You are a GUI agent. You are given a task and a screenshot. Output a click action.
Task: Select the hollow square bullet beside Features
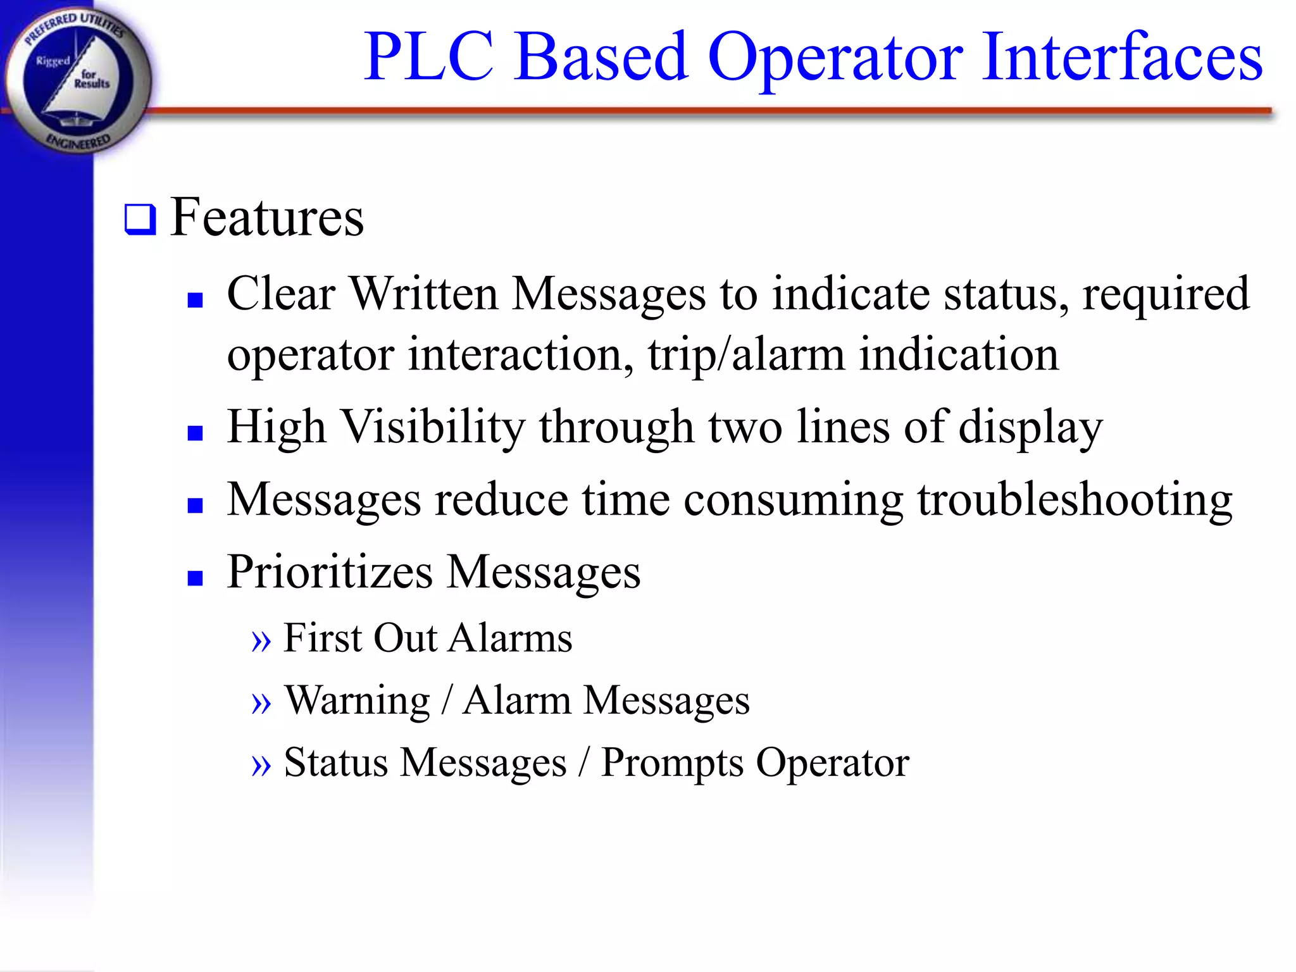point(140,220)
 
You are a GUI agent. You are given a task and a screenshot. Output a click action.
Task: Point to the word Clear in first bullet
point(281,294)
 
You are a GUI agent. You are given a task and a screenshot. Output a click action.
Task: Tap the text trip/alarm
point(746,355)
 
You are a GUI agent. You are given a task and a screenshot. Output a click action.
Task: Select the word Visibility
point(433,427)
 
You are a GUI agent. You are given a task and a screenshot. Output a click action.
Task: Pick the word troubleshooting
point(1075,501)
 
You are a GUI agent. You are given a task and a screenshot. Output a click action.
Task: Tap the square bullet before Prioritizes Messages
point(195,578)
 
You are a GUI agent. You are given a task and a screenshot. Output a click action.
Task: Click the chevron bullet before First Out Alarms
point(261,641)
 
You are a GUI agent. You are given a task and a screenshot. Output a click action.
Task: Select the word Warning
point(358,701)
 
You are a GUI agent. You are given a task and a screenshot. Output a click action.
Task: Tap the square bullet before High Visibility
point(195,433)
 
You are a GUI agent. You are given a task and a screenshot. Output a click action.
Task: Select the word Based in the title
point(600,58)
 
